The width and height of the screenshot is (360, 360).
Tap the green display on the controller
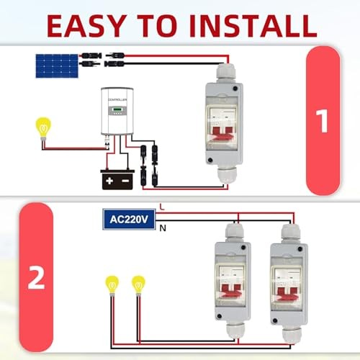tap(116, 109)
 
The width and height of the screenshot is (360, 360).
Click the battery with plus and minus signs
tap(118, 177)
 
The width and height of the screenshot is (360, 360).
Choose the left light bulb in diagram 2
tap(112, 285)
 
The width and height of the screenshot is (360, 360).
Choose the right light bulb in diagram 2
tap(138, 285)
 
